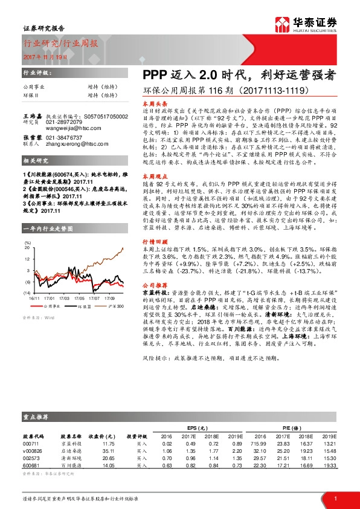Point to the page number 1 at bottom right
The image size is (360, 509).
(335, 498)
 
